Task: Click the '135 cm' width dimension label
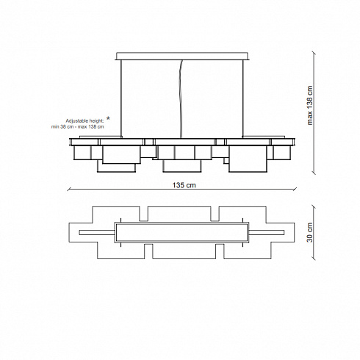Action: [x=184, y=185]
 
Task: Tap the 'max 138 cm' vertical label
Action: [x=310, y=105]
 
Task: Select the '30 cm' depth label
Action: [x=310, y=232]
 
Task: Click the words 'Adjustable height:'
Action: [x=84, y=121]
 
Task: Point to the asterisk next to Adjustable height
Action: [x=108, y=119]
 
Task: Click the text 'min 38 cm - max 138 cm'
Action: [x=77, y=127]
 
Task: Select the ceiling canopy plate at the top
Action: [x=181, y=56]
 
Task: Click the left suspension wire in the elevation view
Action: [x=121, y=98]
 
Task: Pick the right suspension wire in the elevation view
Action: [x=242, y=98]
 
